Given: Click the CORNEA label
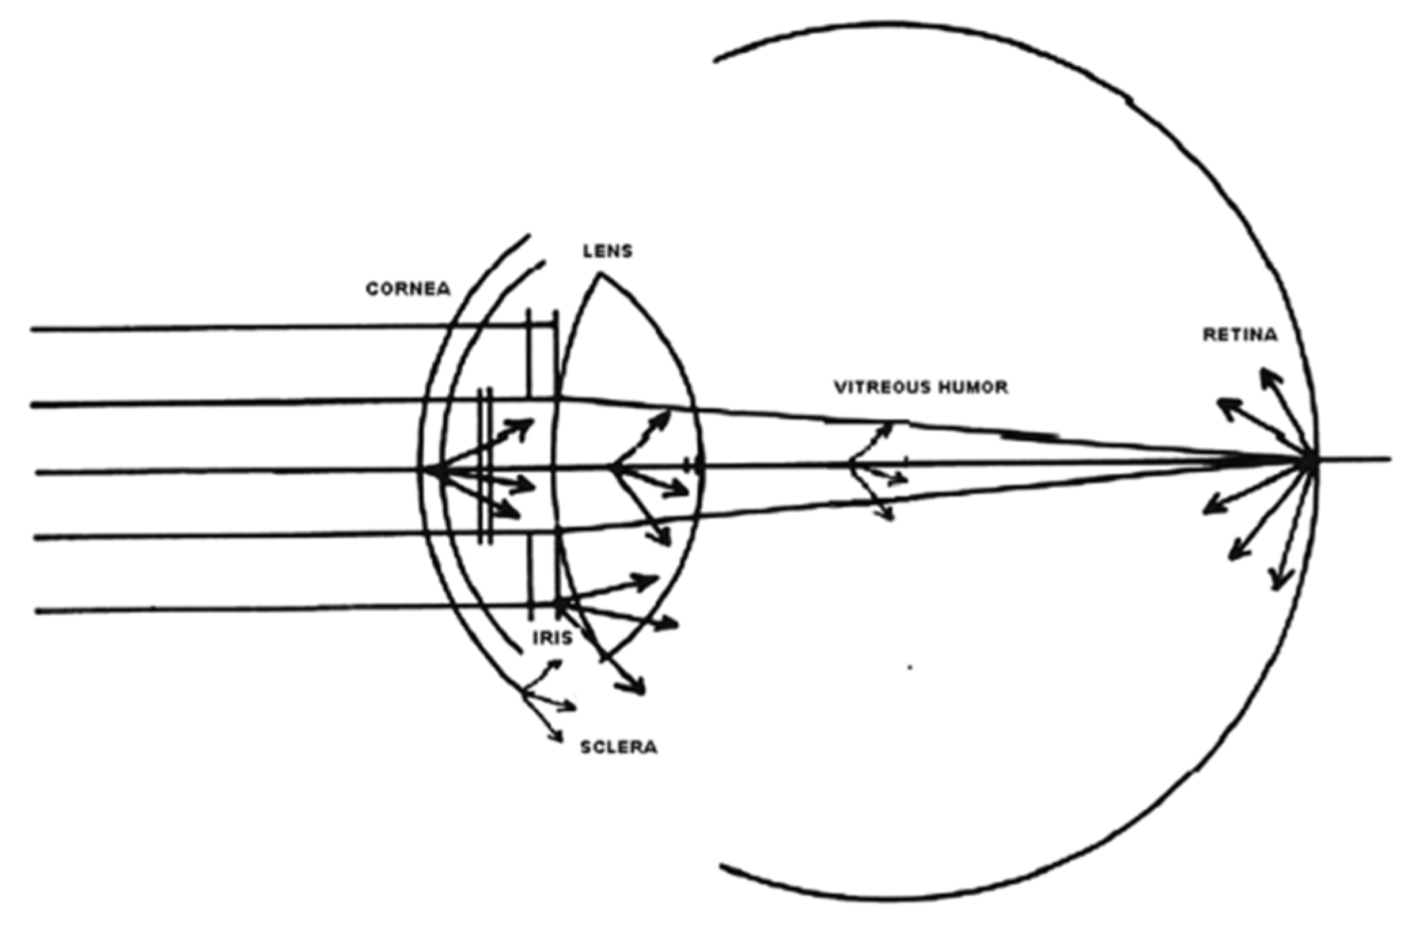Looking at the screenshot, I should point(407,289).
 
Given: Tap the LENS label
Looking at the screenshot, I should point(607,251).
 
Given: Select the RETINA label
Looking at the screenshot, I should point(1240,335).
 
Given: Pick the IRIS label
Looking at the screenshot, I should point(552,638).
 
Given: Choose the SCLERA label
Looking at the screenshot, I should point(619,747).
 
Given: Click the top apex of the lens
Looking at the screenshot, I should point(599,274).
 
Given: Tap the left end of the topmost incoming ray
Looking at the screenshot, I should point(32,330).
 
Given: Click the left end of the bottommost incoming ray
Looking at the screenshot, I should point(37,611).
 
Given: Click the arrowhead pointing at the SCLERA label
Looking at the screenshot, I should point(559,739).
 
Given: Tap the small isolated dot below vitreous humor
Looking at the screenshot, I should point(910,668).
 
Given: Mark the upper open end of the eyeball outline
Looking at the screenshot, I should point(714,60).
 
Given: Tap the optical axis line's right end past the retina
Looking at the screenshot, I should point(1389,459).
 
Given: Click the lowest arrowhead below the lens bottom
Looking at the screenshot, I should point(639,691).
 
